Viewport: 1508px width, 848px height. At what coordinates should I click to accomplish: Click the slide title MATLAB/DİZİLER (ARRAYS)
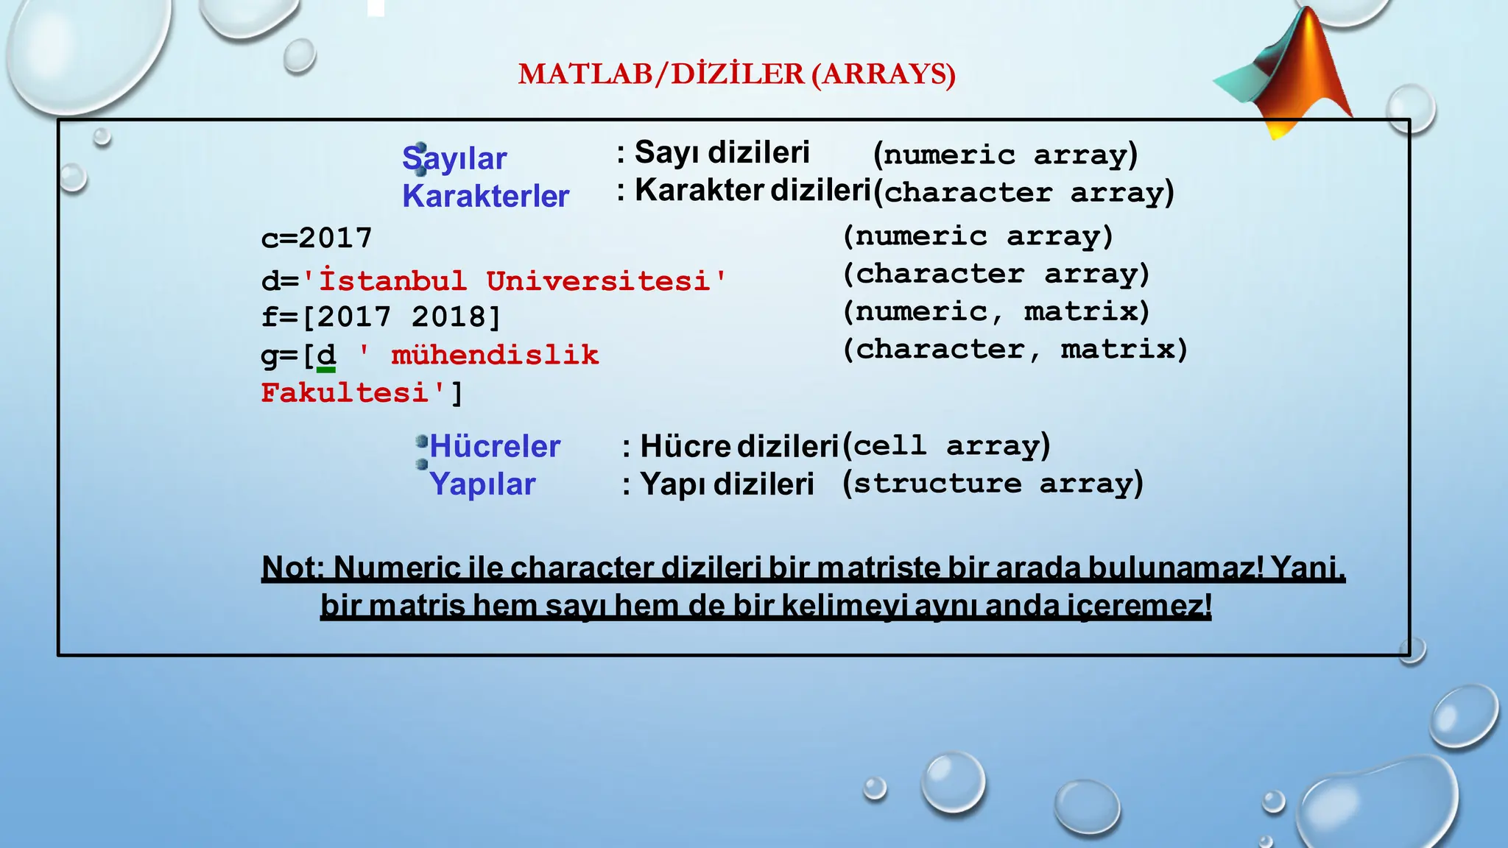pos(736,74)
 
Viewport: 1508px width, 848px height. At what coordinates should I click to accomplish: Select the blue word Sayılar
pos(454,159)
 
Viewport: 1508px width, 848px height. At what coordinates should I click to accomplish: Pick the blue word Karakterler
pos(485,197)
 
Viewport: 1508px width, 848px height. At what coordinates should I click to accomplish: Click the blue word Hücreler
pos(495,447)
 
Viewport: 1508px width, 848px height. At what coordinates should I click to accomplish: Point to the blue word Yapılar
pos(482,484)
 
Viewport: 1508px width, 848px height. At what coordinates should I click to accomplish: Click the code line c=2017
pos(317,239)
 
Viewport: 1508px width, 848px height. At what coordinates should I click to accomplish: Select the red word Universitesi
pos(598,281)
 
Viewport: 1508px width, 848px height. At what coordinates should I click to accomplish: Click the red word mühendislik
pos(495,356)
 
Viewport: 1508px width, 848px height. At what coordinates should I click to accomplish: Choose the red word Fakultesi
pos(345,393)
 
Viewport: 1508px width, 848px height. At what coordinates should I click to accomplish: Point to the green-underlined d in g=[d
pos(325,356)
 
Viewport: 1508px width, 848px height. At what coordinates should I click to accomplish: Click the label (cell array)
pos(946,446)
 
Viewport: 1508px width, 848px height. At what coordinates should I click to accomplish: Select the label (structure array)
pos(993,484)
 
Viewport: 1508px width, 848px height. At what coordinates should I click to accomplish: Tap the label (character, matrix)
pos(1015,349)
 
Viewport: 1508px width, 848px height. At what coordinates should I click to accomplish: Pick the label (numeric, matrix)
pos(996,311)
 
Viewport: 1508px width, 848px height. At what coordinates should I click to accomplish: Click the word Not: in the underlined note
pos(293,568)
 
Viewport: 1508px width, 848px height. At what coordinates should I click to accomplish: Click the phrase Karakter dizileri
pos(753,191)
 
